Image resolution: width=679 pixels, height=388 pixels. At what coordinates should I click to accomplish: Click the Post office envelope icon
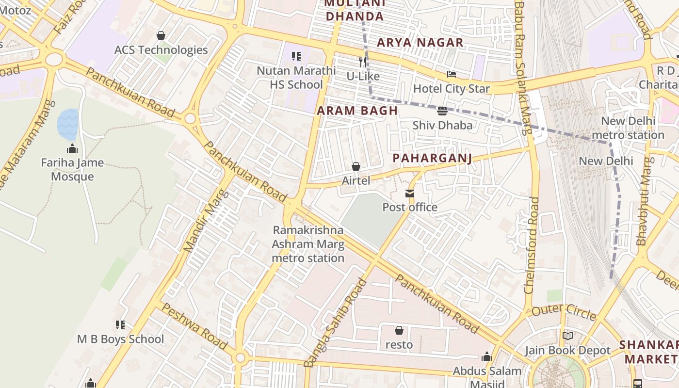coord(410,194)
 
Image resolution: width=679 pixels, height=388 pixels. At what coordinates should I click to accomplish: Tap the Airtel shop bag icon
coord(356,166)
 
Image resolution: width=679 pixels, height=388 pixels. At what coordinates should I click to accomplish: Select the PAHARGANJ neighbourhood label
coord(432,158)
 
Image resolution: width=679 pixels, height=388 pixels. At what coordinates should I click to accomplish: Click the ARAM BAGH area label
coord(357,111)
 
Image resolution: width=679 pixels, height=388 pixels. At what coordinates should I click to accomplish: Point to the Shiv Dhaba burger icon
coord(442,111)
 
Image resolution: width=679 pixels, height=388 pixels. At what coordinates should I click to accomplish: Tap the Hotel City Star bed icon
coord(452,74)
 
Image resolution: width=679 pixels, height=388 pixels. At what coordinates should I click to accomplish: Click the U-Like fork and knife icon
coord(363,62)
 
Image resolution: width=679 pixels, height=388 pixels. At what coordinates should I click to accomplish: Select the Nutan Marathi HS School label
coord(296,78)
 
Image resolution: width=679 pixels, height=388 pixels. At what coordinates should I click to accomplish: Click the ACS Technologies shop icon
coord(161,35)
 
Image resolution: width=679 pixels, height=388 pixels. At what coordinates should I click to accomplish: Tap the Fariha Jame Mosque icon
coord(72,148)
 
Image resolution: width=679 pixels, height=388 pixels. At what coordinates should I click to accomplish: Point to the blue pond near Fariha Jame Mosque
coord(67,124)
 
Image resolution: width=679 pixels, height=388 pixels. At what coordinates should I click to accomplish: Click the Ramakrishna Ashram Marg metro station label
coord(308,244)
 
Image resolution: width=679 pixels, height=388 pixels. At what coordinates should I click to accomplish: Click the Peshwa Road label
coord(194,326)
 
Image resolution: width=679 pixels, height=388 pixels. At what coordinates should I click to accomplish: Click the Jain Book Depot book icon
coord(567,336)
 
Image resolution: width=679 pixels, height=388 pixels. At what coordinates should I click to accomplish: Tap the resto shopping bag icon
coord(399,330)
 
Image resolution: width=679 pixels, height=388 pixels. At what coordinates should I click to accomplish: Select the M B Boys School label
coord(121,339)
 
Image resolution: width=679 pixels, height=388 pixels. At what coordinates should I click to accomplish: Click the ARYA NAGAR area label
coord(420,43)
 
